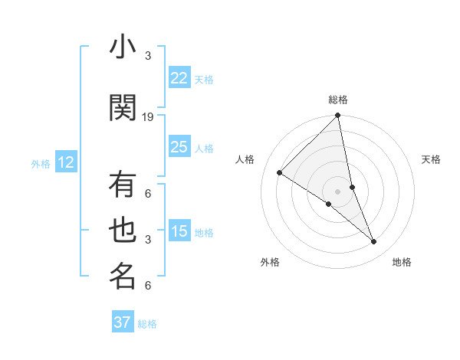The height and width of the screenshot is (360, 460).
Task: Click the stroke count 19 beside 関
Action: click(148, 117)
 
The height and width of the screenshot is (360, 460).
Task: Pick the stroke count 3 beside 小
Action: click(148, 56)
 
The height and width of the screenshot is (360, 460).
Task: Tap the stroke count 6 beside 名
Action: click(148, 286)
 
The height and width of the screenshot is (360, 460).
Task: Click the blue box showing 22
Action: click(179, 78)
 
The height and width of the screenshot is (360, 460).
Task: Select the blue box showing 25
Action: click(179, 147)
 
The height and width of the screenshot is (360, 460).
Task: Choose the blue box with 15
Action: click(179, 231)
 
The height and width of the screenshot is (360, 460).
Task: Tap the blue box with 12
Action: click(65, 162)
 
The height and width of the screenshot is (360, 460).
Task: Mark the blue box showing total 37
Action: click(123, 322)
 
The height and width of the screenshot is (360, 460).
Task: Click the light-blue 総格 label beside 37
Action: click(147, 324)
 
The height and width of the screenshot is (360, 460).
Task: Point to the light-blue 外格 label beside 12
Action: click(41, 163)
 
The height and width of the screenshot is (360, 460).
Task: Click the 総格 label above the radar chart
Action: click(338, 100)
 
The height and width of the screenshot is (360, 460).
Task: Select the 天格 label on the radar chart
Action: click(431, 159)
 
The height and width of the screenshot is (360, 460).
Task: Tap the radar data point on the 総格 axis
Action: click(338, 116)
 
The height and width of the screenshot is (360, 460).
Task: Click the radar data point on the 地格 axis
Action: click(374, 242)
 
